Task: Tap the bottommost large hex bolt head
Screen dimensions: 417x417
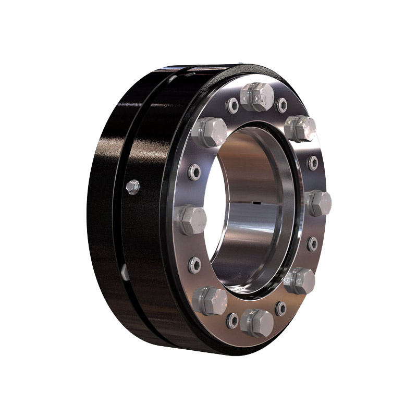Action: pyautogui.click(x=257, y=322)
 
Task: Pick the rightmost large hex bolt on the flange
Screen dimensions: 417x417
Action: pyautogui.click(x=318, y=203)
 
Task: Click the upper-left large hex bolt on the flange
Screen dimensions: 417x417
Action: pyautogui.click(x=208, y=131)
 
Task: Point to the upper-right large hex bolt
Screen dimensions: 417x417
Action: pyautogui.click(x=301, y=128)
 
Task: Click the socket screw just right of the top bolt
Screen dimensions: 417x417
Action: pyautogui.click(x=282, y=105)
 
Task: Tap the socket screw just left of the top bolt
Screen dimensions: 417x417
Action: pyautogui.click(x=232, y=106)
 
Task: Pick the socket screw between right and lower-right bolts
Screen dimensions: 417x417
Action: pyautogui.click(x=313, y=243)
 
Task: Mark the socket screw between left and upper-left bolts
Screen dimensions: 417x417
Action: pyautogui.click(x=194, y=171)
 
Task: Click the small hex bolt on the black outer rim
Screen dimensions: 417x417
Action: pyautogui.click(x=133, y=186)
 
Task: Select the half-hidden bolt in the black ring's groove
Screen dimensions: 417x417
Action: pyautogui.click(x=125, y=271)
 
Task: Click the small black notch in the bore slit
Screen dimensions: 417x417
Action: pyautogui.click(x=256, y=202)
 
